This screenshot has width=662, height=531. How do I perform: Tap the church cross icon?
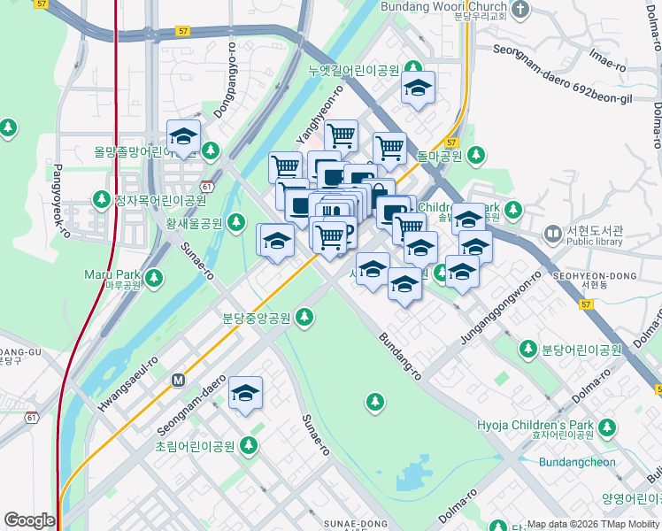click(x=520, y=10)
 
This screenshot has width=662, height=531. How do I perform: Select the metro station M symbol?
click(x=178, y=380)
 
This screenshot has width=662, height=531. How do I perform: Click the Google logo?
click(x=29, y=520)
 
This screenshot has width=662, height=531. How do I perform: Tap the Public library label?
click(x=595, y=241)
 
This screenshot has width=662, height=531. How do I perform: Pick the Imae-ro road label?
click(x=607, y=60)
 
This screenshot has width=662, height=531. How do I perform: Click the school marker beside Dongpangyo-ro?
click(x=184, y=137)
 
